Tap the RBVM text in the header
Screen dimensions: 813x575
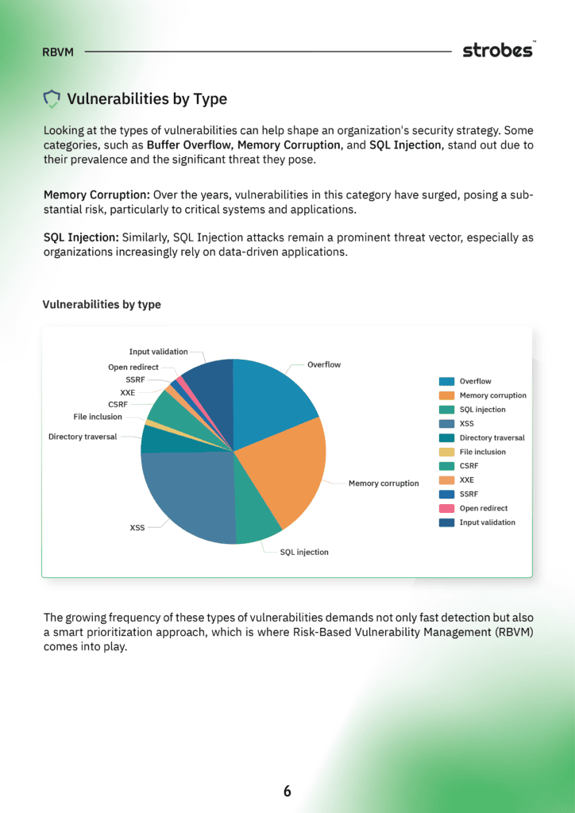coord(59,52)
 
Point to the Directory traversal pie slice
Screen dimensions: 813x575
coord(156,439)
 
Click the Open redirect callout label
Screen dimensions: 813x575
coord(133,368)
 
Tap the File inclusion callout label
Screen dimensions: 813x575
coord(98,417)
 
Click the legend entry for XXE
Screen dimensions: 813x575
coord(466,480)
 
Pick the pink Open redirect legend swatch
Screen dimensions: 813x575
coord(446,508)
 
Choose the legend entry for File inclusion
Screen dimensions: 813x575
coord(481,452)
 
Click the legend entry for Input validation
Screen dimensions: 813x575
coord(487,522)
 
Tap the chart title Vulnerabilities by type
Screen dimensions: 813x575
coord(101,305)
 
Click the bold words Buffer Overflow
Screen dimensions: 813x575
coord(189,144)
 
